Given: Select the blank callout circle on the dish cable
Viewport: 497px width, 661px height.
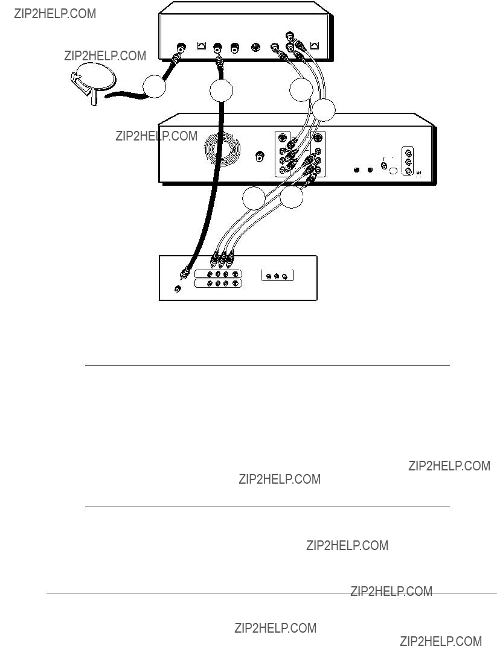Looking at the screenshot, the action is pos(154,86).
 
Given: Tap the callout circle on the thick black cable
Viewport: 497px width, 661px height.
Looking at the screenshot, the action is pos(221,90).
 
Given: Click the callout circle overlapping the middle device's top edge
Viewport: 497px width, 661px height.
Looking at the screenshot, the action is pos(324,110).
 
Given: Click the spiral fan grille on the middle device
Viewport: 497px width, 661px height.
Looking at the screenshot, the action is pos(222,148).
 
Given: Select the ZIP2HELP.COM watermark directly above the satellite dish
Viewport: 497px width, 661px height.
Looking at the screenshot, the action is pos(105,55).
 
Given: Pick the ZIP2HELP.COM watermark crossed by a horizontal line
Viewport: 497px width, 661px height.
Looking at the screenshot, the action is pos(391,592).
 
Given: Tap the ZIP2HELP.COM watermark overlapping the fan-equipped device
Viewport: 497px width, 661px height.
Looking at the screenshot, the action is pos(156,136).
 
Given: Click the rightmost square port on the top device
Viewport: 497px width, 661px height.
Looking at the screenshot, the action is pos(315,46).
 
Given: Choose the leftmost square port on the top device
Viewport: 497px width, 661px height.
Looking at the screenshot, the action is pos(202,46).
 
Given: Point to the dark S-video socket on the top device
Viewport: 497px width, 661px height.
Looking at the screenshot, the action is pos(255,48).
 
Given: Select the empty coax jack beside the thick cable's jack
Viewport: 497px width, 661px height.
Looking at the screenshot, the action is pos(234,48).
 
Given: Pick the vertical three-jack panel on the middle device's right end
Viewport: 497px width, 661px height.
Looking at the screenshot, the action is pos(408,160).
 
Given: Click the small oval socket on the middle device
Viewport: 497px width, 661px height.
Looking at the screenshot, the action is pos(393,171).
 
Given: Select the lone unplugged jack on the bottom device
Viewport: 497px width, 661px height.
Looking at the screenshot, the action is pos(178,289).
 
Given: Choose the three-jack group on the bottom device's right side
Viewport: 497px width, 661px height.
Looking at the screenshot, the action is pos(277,276).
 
